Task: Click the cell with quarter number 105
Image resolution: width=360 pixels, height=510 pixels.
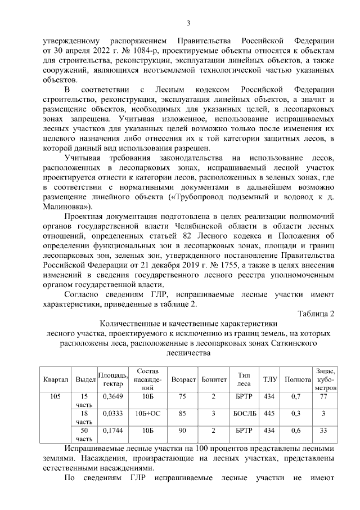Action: (56, 397)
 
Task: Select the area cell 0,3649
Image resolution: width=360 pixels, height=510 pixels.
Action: (113, 397)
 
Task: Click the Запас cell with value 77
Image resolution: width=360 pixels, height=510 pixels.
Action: (323, 397)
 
